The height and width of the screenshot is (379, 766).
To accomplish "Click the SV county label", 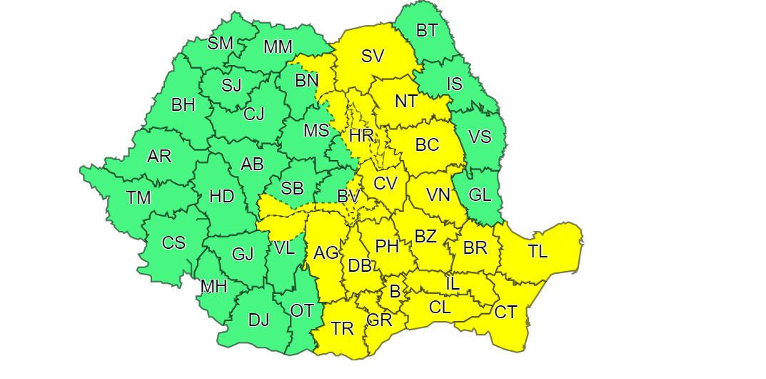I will (372, 56).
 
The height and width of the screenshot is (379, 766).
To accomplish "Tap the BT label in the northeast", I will (427, 31).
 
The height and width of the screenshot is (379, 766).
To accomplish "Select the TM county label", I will (138, 197).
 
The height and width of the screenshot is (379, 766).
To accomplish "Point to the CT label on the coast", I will (505, 312).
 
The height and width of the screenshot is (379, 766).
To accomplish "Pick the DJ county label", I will (258, 320).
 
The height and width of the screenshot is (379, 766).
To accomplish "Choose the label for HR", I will (361, 135).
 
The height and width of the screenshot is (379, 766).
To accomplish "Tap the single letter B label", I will (393, 291).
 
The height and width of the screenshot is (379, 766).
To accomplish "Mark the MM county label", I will (278, 47).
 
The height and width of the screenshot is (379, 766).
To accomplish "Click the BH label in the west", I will (183, 104).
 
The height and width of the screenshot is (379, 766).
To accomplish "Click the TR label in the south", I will (343, 328).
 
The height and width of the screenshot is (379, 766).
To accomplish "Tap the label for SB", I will (292, 189).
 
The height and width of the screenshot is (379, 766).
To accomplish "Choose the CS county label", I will (173, 242).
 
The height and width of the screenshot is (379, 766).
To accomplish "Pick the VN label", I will (438, 195).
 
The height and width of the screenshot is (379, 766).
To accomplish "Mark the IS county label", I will (454, 84).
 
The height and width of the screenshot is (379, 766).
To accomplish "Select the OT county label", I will (302, 310).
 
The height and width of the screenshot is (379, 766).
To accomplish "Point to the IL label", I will (453, 283).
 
